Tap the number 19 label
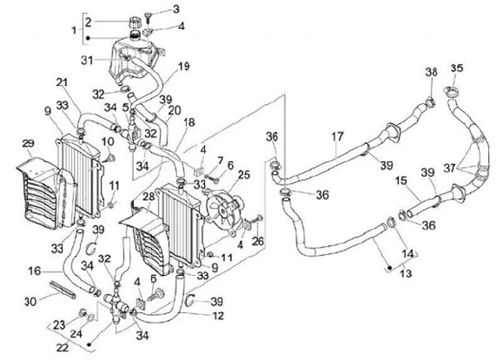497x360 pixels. coord(184,66)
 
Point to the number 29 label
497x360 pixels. coord(28,143)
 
